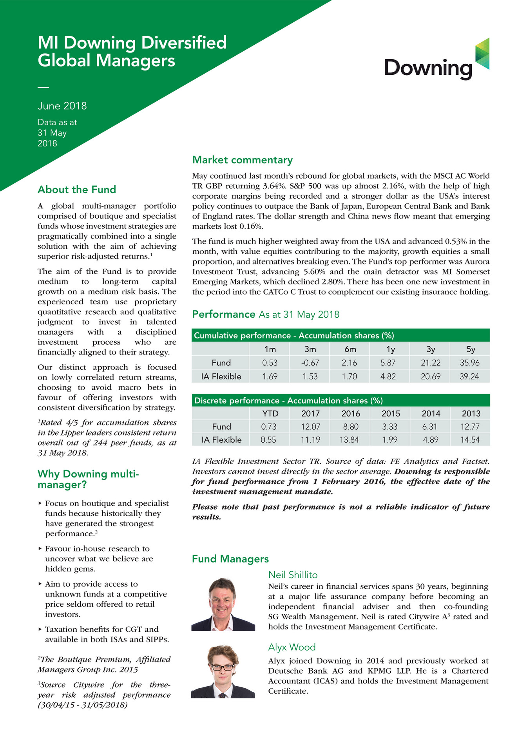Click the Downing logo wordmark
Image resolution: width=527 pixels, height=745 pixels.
(x=428, y=68)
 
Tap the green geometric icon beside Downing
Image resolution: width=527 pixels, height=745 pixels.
(x=482, y=54)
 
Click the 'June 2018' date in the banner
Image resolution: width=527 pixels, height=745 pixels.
(x=62, y=106)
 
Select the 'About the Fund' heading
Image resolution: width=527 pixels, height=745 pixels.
(x=77, y=190)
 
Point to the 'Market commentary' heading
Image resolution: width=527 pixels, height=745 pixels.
(x=242, y=160)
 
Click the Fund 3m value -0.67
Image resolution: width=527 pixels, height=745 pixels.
(x=310, y=363)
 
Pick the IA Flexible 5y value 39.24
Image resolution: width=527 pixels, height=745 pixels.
(x=469, y=376)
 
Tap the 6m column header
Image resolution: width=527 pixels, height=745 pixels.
(x=350, y=349)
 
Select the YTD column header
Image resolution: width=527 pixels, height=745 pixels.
(x=270, y=414)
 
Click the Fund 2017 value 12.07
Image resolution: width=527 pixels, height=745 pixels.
(x=310, y=427)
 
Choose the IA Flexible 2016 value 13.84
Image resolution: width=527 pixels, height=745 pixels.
(x=349, y=440)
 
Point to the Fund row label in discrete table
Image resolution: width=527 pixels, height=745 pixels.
(x=221, y=427)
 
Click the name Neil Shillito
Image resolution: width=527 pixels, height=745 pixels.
(x=293, y=575)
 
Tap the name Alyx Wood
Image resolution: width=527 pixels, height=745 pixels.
(x=292, y=647)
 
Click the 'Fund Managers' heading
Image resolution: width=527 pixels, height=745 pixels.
(x=230, y=559)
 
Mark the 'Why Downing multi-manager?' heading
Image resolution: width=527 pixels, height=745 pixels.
(x=88, y=479)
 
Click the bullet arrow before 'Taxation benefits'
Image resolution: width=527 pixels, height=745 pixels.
(x=40, y=629)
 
